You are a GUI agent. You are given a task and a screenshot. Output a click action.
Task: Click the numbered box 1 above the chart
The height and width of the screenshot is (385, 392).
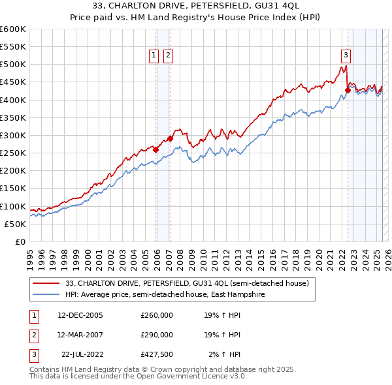pos(154,55)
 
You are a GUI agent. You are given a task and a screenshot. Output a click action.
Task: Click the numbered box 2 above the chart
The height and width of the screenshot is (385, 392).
pos(168,55)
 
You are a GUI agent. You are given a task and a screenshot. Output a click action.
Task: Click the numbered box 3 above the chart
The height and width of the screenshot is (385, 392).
pos(346,55)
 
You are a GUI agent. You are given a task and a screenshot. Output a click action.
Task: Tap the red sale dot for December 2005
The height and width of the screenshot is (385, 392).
pos(156,149)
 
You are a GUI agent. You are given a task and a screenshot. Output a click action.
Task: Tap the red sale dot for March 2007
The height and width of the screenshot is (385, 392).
pos(170,138)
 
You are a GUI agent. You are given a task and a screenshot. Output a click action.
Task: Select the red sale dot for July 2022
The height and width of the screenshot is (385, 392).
pos(348,90)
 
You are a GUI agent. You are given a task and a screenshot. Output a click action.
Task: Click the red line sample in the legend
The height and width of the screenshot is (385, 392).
pos(46,283)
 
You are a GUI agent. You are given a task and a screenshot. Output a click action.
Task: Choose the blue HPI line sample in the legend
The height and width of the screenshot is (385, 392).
pos(46,294)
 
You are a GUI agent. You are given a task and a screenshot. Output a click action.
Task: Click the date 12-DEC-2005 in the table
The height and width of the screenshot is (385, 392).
pos(80,315)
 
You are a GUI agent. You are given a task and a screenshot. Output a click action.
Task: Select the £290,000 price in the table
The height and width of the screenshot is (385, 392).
pos(157,335)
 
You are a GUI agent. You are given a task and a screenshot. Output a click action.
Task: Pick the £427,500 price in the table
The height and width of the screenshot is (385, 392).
pos(157,354)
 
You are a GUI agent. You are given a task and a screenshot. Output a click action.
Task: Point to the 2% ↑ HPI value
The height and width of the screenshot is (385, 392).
pos(225,354)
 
